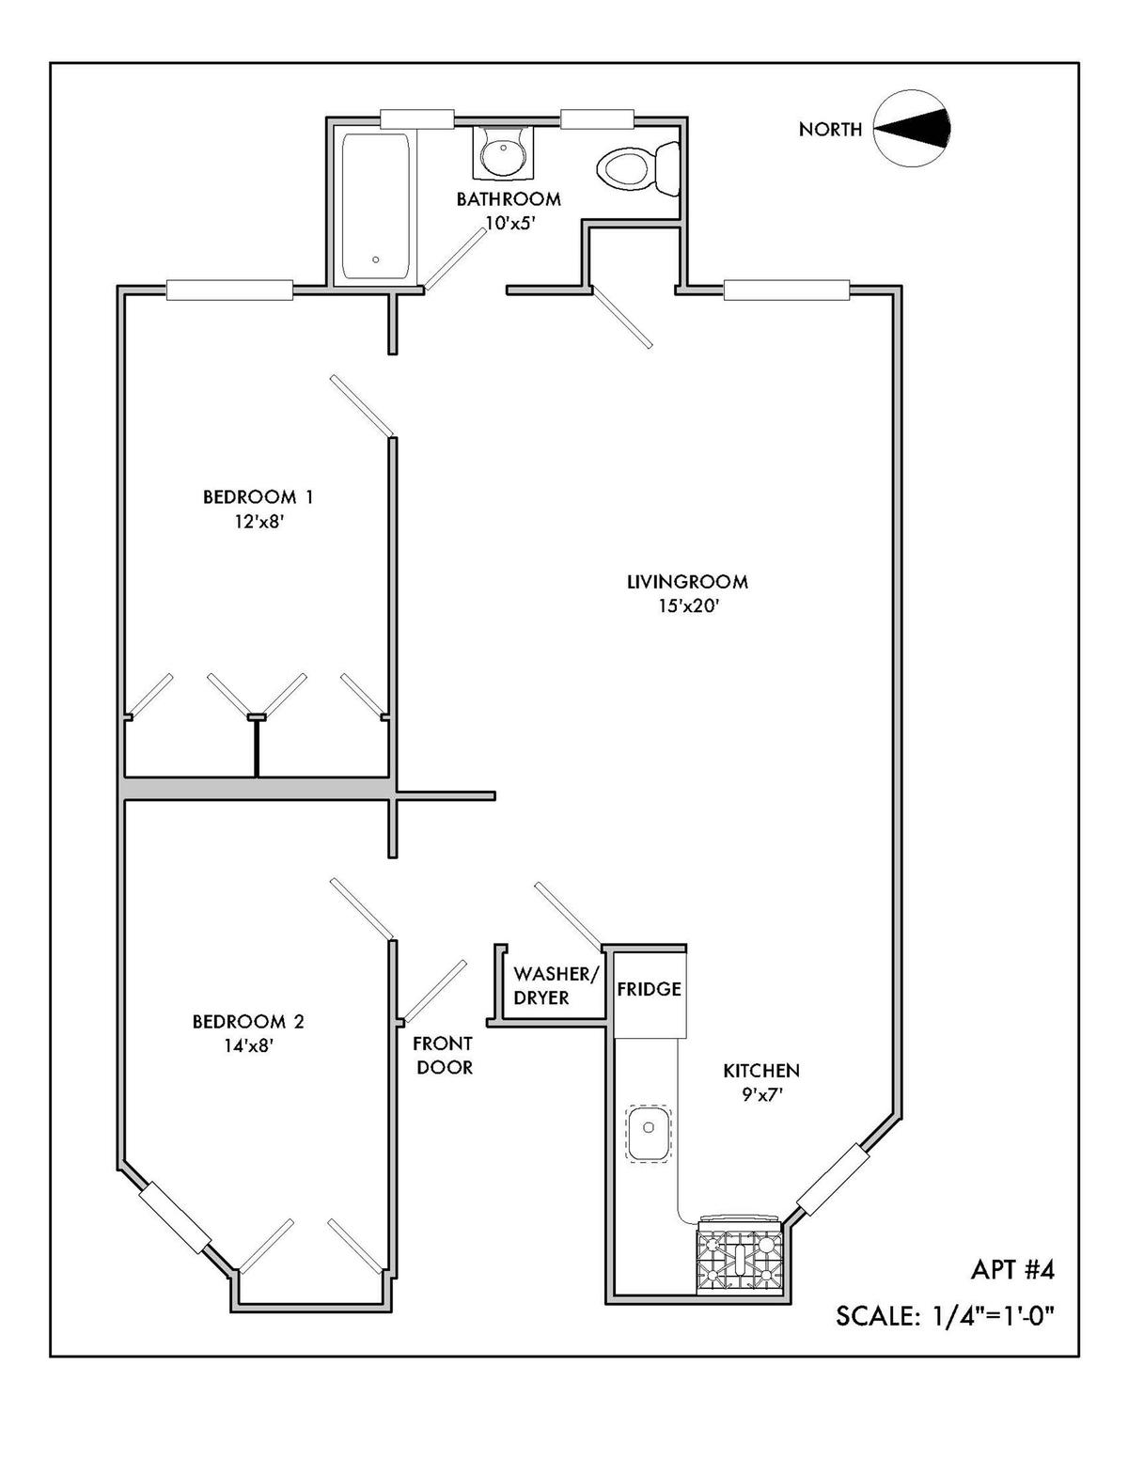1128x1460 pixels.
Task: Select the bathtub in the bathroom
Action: pyautogui.click(x=375, y=207)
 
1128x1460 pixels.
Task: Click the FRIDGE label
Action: pyautogui.click(x=649, y=989)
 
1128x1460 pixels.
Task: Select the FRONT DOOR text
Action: pyautogui.click(x=445, y=1055)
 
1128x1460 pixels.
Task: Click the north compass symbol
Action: pyautogui.click(x=911, y=129)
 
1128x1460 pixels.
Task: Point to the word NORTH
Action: pyautogui.click(x=830, y=130)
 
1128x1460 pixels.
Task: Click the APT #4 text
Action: pyautogui.click(x=1012, y=1270)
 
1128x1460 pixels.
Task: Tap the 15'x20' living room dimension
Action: pyautogui.click(x=688, y=606)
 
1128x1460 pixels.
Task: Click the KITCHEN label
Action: pyautogui.click(x=761, y=1070)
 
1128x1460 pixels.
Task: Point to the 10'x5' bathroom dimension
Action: pyautogui.click(x=508, y=223)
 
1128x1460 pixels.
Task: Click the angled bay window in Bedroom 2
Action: pyautogui.click(x=175, y=1217)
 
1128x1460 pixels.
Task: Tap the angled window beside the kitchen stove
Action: pyautogui.click(x=828, y=1179)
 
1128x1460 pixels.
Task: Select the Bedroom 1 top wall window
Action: pyautogui.click(x=229, y=290)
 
